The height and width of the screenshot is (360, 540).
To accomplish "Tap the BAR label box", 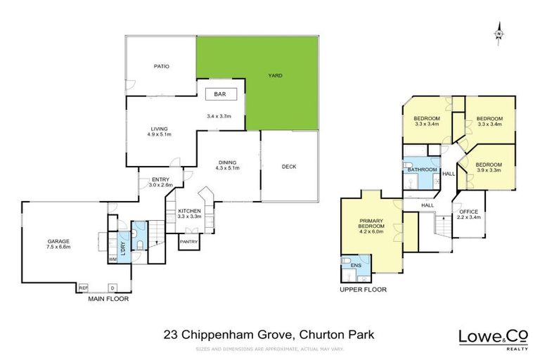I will pyautogui.click(x=220, y=94).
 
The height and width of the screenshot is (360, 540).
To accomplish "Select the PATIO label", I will pyautogui.click(x=161, y=67).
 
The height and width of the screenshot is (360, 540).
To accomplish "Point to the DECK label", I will pyautogui.click(x=289, y=167).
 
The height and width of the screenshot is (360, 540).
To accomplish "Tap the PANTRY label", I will pyautogui.click(x=188, y=243).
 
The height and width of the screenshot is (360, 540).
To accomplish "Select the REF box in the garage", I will pyautogui.click(x=83, y=288).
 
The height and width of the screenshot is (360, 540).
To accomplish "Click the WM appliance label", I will pyautogui.click(x=112, y=259).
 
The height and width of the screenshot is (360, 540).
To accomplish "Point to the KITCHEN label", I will pyautogui.click(x=189, y=211).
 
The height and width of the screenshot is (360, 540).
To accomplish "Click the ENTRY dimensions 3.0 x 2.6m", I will pyautogui.click(x=160, y=186).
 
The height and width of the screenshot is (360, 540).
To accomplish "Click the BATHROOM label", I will pyautogui.click(x=423, y=169).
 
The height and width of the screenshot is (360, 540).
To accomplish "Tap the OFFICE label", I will pyautogui.click(x=468, y=212).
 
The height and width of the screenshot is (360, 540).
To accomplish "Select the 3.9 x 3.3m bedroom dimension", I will pyautogui.click(x=489, y=171).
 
